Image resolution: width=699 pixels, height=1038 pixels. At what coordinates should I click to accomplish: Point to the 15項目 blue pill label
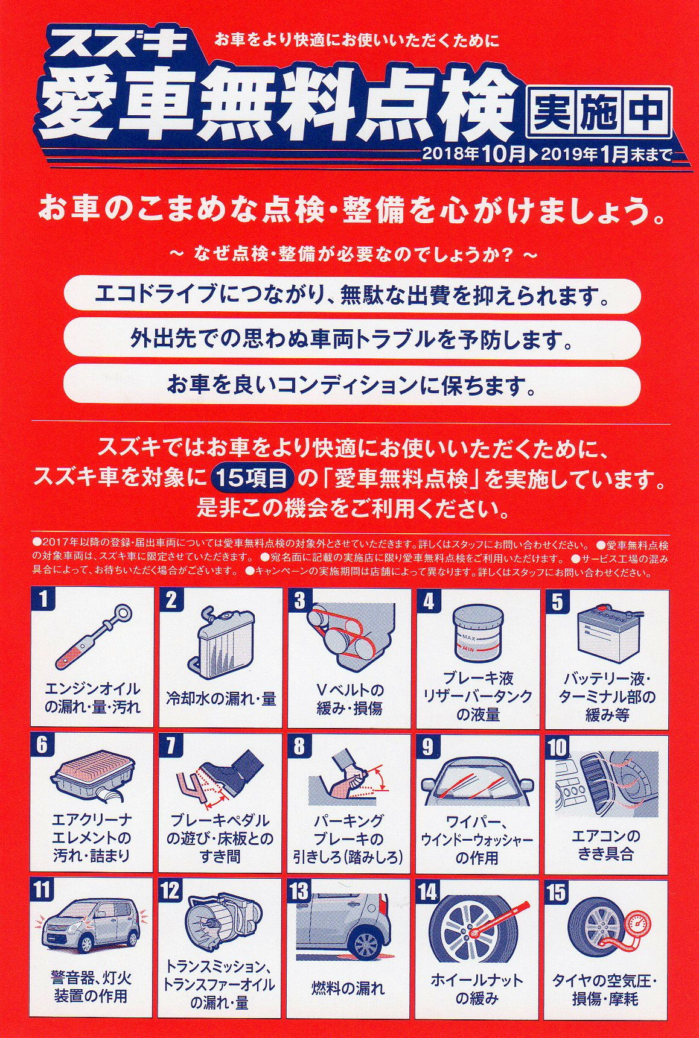point(253,479)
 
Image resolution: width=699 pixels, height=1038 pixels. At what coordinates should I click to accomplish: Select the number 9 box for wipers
point(428,746)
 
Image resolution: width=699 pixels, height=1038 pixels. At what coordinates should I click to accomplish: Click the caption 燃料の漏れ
point(348,988)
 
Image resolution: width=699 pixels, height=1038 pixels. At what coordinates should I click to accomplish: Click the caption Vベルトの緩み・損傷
point(350,698)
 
